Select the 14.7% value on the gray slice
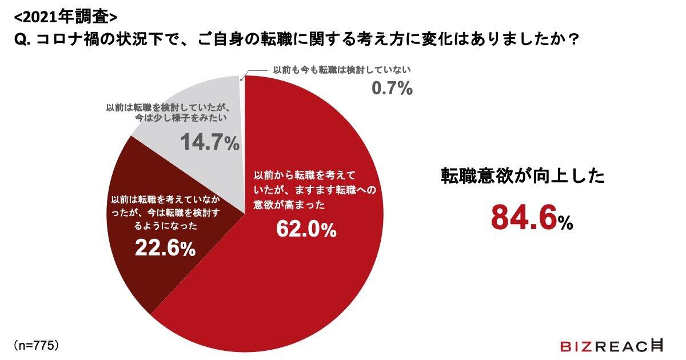click(210, 142)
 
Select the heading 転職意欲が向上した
click(522, 175)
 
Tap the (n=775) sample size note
click(35, 346)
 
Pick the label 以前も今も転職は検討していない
click(342, 70)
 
